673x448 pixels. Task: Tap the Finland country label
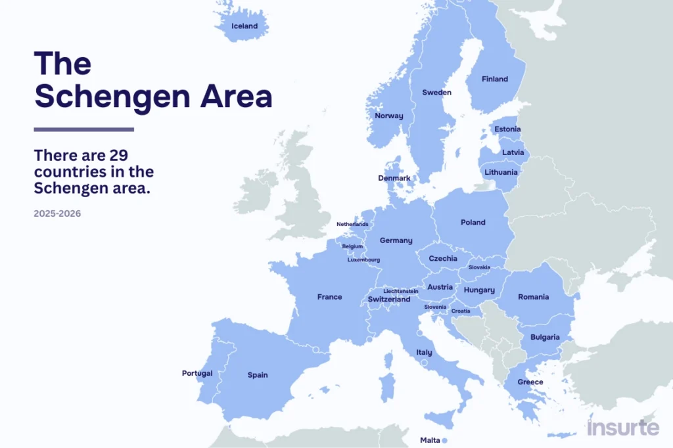[495, 79]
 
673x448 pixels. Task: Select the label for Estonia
[507, 129]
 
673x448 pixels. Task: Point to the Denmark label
[394, 178]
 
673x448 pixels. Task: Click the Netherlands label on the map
[352, 224]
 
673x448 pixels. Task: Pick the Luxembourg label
[363, 259]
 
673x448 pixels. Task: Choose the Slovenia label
[435, 307]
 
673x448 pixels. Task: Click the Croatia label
[461, 311]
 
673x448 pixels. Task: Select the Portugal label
[197, 373]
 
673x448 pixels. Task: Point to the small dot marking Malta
[444, 440]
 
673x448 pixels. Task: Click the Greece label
[530, 382]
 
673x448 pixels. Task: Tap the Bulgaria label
[545, 337]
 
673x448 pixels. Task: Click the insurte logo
[622, 428]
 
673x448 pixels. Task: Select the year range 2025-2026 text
[57, 213]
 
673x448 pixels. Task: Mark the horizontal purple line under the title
[83, 129]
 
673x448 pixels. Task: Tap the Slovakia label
[479, 267]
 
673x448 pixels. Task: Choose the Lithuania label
[501, 172]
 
